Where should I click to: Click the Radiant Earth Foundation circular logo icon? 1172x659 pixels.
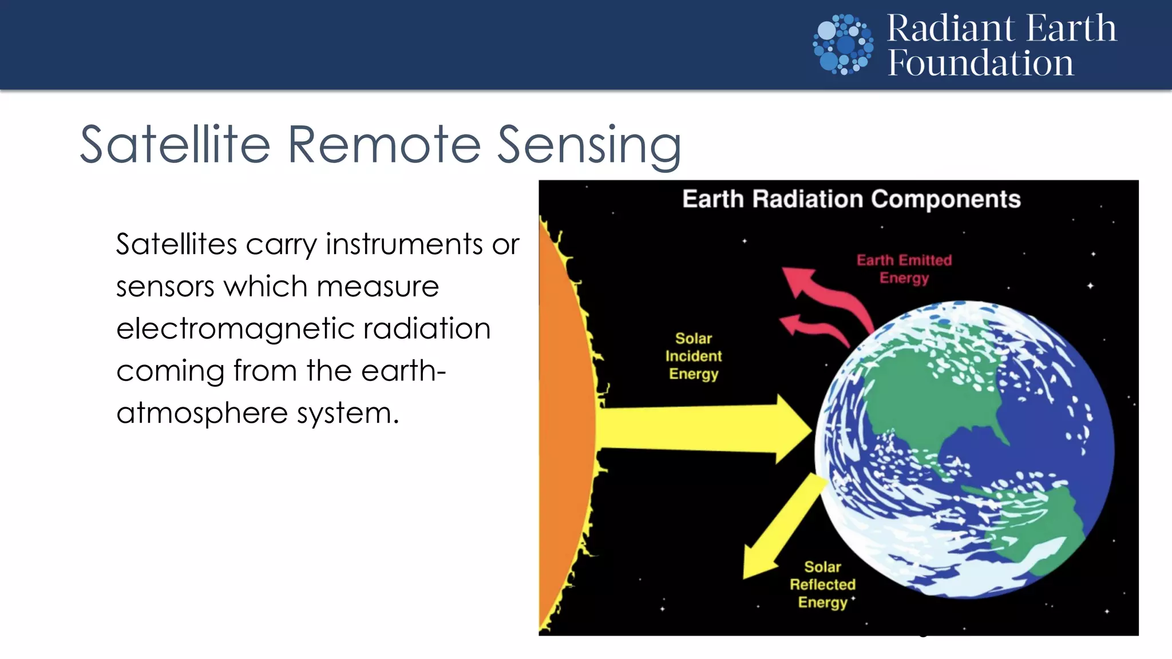pos(843,45)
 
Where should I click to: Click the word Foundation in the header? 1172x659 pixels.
pos(980,63)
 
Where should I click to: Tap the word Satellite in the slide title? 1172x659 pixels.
pos(175,145)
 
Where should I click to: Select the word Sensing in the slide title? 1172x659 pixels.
pos(589,146)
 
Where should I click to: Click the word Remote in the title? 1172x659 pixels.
pos(384,145)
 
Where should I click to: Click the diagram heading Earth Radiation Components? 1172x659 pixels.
pos(851,199)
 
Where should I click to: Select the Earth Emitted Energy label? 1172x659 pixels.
pos(904,269)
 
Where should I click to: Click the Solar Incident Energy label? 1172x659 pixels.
pos(693,356)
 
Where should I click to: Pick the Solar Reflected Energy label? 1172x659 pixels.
pos(822,584)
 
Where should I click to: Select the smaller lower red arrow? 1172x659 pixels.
pos(813,329)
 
